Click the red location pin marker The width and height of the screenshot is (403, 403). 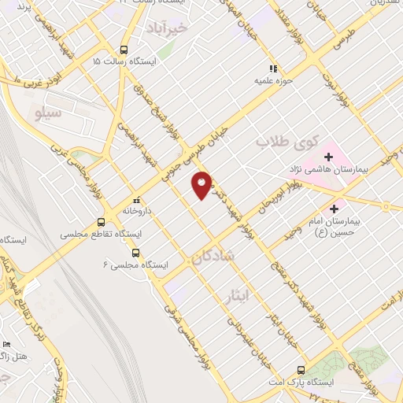(202, 184)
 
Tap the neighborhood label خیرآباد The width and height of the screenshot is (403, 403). (168, 28)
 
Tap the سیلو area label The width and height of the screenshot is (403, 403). (49, 113)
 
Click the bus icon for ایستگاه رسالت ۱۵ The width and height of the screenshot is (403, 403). (124, 47)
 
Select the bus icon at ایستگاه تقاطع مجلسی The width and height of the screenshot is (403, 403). (100, 222)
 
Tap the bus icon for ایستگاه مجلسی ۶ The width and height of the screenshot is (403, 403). (136, 253)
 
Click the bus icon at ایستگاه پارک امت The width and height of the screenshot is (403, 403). (301, 369)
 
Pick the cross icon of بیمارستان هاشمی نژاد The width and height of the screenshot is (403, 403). (328, 157)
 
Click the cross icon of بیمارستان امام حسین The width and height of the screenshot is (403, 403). (335, 209)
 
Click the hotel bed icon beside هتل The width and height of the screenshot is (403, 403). (7, 344)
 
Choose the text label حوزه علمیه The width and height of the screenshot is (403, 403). (274, 80)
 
